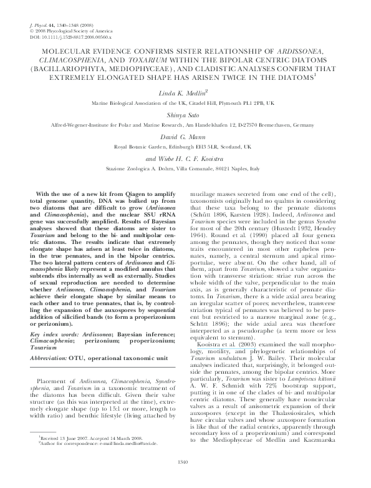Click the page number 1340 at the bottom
185,479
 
